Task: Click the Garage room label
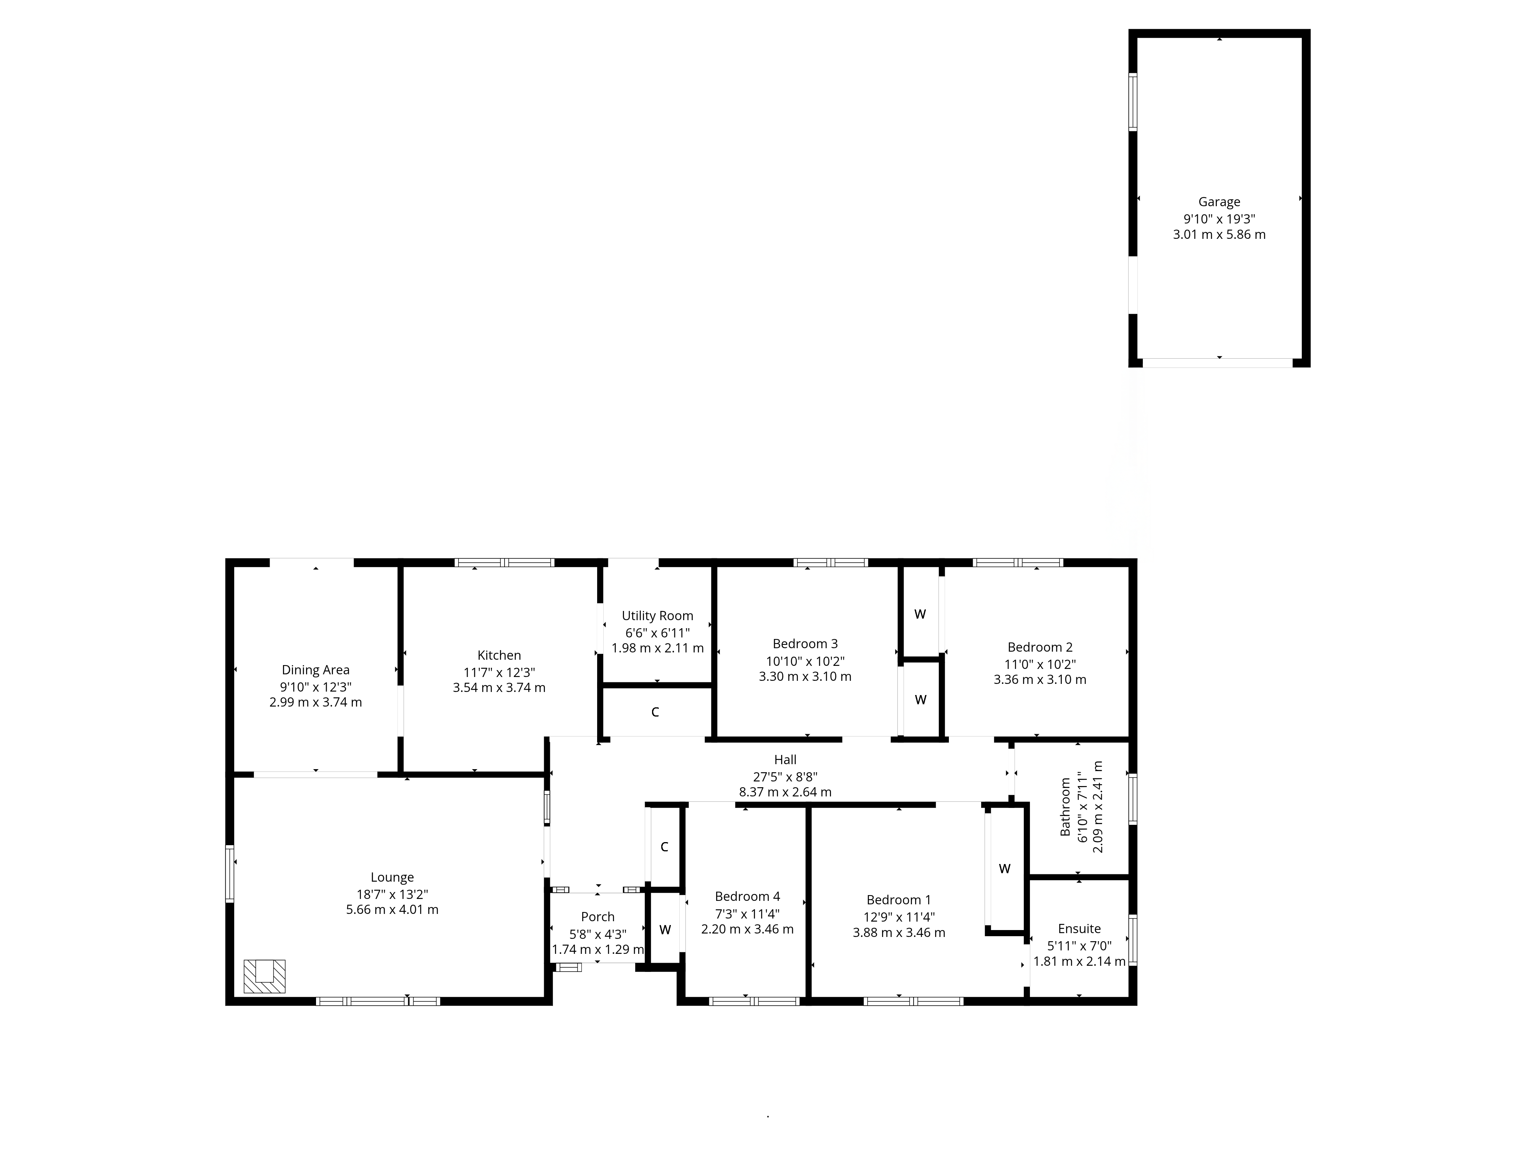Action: coord(1219,202)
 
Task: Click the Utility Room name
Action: coord(657,616)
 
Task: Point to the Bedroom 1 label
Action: coord(899,900)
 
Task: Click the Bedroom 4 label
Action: coord(747,897)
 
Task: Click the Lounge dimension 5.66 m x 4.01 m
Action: coord(392,910)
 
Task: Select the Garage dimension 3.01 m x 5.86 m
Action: coord(1219,235)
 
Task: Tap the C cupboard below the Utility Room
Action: coord(655,712)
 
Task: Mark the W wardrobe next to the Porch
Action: coord(665,930)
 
